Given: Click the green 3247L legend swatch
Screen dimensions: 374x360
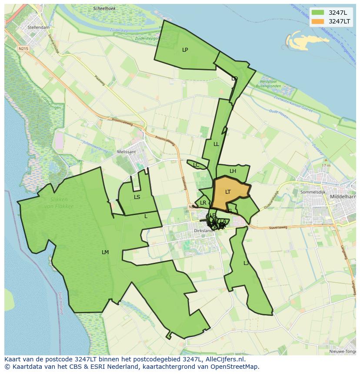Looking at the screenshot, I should (x=318, y=13).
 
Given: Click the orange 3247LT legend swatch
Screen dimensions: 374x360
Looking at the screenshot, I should (x=318, y=21).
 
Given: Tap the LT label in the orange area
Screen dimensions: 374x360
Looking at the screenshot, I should (x=228, y=192).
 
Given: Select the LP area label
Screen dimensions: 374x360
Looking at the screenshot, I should (x=185, y=50).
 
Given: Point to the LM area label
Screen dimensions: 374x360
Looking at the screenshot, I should (x=105, y=252).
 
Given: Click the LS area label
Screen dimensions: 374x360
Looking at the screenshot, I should (x=137, y=197).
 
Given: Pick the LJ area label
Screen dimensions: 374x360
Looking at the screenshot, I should (x=246, y=263).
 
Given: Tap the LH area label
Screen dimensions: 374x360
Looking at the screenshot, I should (x=233, y=171).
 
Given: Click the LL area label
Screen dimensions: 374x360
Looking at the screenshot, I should (x=216, y=144).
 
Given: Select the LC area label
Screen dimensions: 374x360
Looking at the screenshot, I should (x=196, y=165).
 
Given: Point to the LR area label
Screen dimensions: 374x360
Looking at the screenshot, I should (x=203, y=203).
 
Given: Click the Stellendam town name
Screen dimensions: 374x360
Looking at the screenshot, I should (x=38, y=27).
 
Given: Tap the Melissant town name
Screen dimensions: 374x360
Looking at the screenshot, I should (x=127, y=152).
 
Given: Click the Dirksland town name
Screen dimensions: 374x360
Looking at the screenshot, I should (x=203, y=230).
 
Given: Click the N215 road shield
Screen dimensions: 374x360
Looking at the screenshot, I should (x=23, y=49).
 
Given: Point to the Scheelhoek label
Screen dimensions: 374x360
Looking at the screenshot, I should (x=104, y=9).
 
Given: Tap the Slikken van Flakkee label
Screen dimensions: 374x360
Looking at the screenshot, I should (x=58, y=203).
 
